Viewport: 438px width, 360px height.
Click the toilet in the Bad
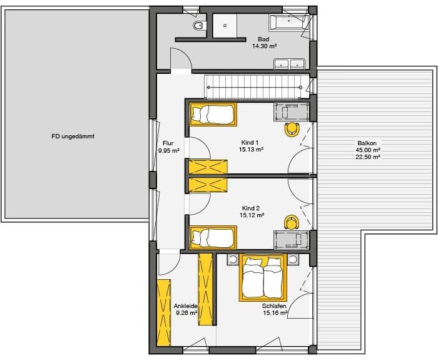198,26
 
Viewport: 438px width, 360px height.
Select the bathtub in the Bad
288,22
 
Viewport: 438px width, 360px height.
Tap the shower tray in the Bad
223,25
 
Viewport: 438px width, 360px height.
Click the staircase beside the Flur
253,86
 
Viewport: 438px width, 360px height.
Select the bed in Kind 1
213,114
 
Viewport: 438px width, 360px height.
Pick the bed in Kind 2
213,237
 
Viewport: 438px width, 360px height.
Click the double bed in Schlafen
263,277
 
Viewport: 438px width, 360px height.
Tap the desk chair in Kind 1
291,130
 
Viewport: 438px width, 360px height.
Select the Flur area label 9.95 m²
168,151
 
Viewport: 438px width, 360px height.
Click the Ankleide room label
186,306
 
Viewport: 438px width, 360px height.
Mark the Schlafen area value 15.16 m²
275,312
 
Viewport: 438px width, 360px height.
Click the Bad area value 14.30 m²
263,46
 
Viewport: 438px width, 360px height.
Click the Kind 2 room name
251,207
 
